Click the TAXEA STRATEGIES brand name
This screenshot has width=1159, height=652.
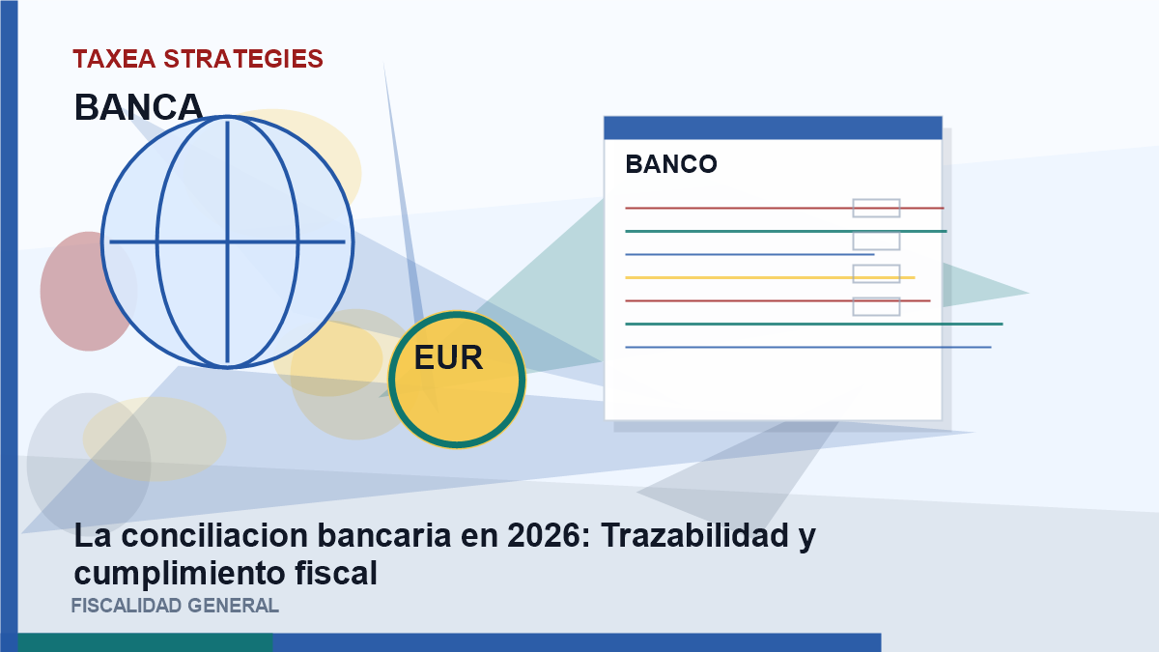[198, 59]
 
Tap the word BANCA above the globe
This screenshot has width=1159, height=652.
[138, 107]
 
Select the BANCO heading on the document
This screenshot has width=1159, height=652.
[671, 164]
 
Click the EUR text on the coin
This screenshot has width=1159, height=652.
[448, 357]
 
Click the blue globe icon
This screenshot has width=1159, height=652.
[228, 241]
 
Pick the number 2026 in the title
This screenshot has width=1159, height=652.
[549, 535]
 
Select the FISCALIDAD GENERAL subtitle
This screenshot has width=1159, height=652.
[175, 606]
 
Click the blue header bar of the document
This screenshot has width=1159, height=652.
[773, 128]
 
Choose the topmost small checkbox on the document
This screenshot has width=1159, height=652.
[877, 208]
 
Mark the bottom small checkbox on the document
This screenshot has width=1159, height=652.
[877, 306]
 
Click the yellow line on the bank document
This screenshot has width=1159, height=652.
[770, 278]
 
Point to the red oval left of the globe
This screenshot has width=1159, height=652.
[88, 292]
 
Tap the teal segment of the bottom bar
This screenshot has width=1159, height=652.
[146, 642]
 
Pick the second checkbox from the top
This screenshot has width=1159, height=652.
[877, 241]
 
